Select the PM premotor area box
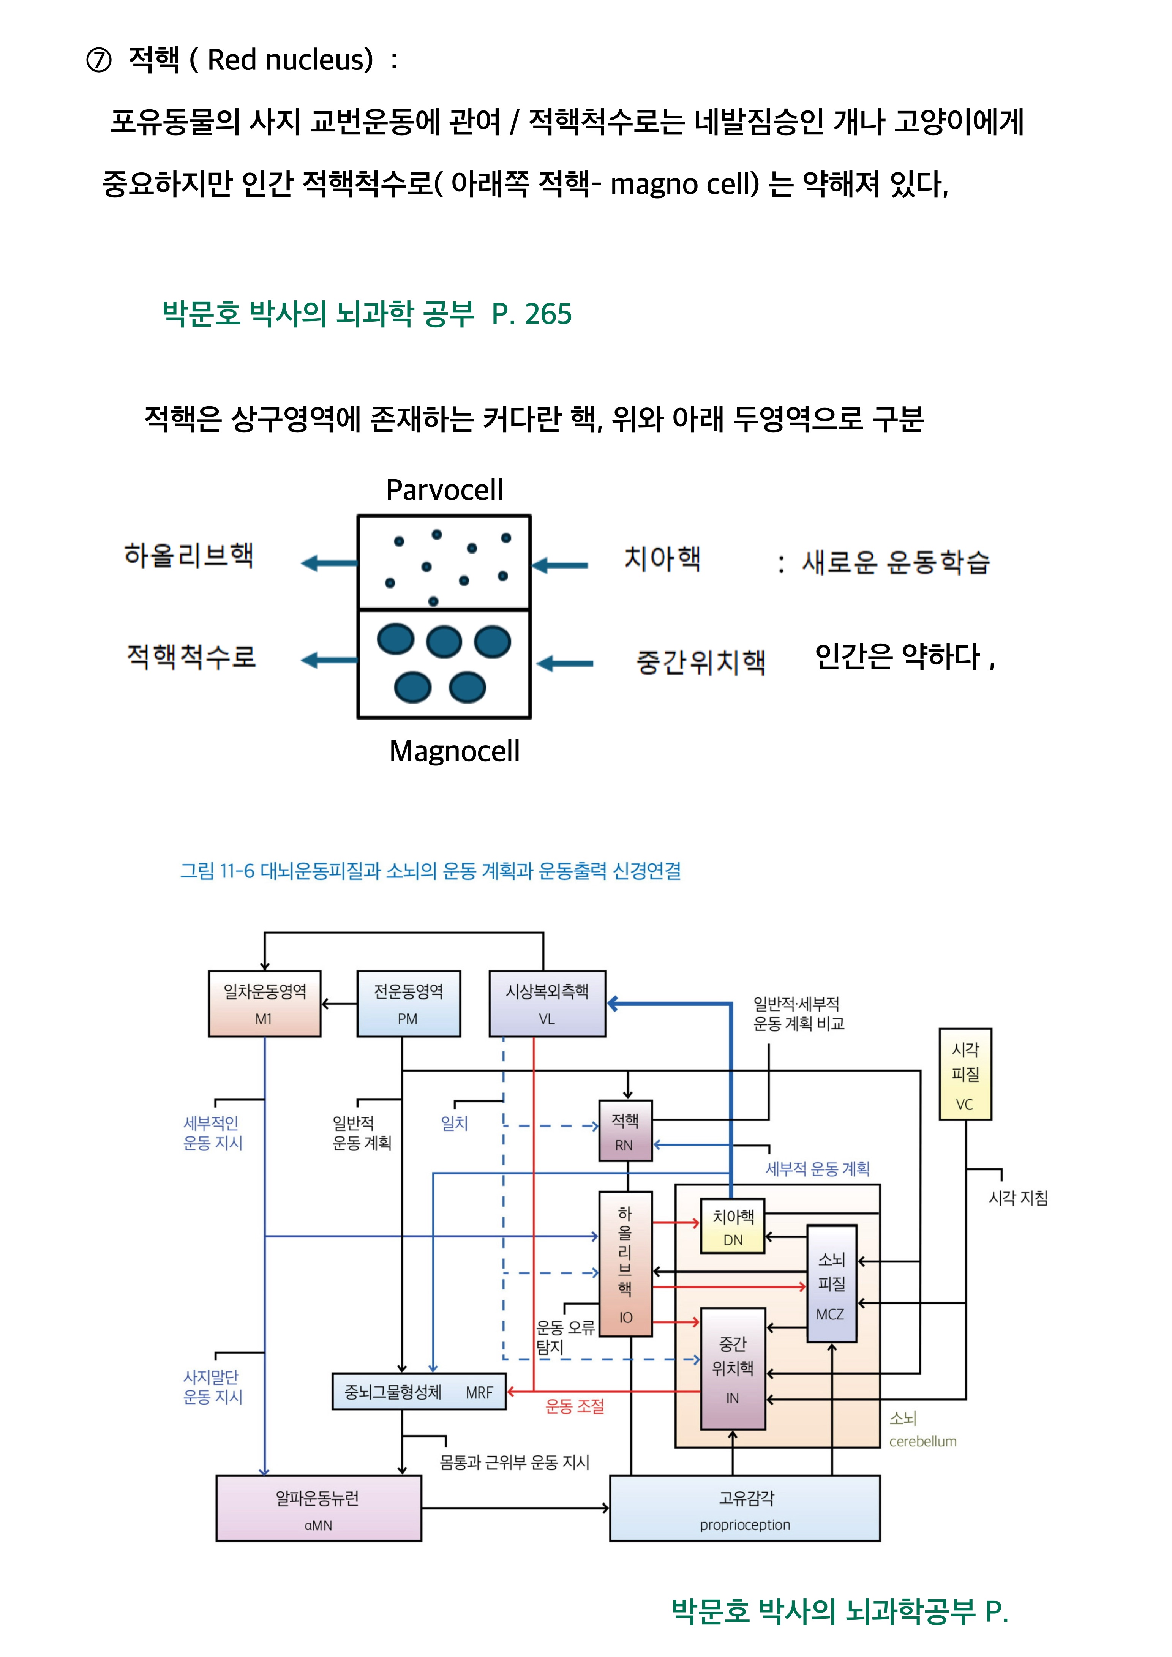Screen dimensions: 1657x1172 pos(409,1004)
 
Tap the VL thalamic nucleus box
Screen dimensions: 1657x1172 pos(547,1004)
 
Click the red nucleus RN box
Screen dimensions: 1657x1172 pos(625,1131)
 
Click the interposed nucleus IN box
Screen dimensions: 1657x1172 pos(733,1369)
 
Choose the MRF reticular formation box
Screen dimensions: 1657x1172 pos(419,1392)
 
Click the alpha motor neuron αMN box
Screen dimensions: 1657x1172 pos(318,1508)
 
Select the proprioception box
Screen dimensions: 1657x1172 pos(745,1508)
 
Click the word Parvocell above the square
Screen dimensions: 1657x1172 pos(445,490)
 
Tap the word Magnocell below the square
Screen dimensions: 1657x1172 pos(454,751)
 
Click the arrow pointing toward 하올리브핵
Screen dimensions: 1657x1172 pos(329,563)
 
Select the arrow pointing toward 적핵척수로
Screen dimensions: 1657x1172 pos(329,660)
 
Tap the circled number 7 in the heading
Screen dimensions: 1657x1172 pos(99,60)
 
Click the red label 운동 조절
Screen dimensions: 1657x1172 pos(575,1406)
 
